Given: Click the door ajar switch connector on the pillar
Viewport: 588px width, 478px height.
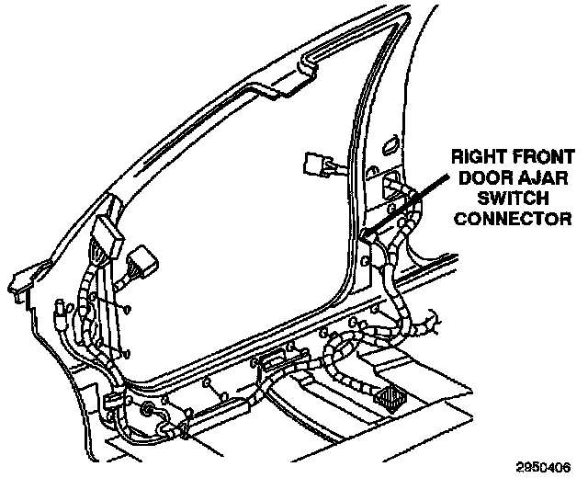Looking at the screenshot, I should click(370, 237).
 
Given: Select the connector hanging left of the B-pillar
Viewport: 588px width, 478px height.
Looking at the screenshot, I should click(317, 168).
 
